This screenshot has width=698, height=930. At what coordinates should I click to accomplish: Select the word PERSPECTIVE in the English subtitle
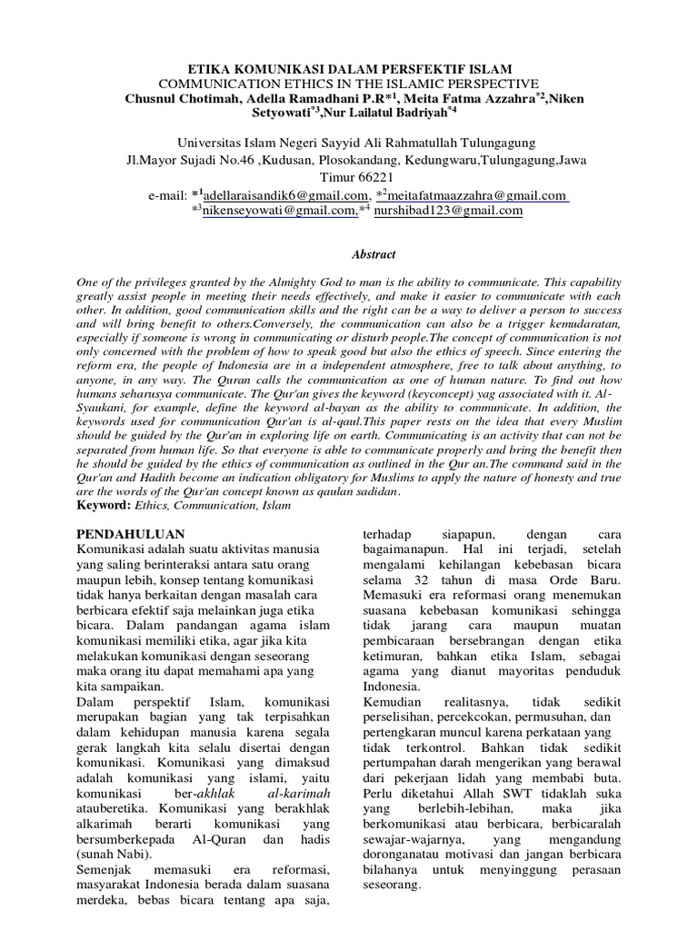click(x=472, y=84)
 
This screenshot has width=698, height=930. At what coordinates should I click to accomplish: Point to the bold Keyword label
click(x=103, y=504)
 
